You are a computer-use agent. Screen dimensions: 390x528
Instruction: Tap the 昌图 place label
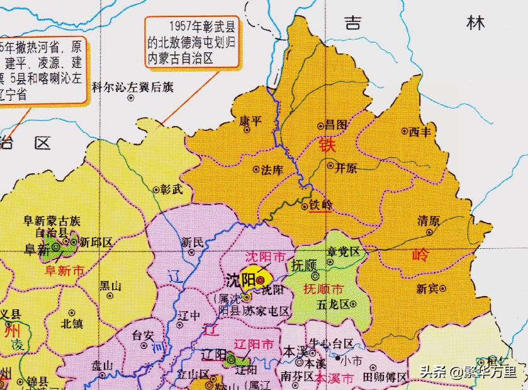pyautogui.click(x=336, y=125)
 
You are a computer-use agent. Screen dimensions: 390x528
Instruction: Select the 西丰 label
pyautogui.click(x=420, y=132)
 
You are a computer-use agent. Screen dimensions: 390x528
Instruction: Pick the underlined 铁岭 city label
pyautogui.click(x=320, y=205)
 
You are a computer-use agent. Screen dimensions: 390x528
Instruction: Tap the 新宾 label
pyautogui.click(x=428, y=288)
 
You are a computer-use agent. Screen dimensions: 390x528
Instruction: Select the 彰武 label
pyautogui.click(x=171, y=188)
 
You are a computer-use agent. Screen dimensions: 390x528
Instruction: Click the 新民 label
pyautogui.click(x=192, y=241)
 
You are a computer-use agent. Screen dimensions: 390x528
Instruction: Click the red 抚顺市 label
pyautogui.click(x=323, y=290)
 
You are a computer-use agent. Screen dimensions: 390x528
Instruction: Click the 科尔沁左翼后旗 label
pyautogui.click(x=132, y=88)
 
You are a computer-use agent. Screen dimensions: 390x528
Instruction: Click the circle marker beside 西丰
pyautogui.click(x=404, y=132)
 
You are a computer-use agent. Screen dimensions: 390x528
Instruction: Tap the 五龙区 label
pyautogui.click(x=336, y=304)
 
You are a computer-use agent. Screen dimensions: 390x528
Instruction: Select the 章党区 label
pyautogui.click(x=343, y=251)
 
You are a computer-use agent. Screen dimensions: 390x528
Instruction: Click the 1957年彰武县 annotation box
pyautogui.click(x=192, y=43)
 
